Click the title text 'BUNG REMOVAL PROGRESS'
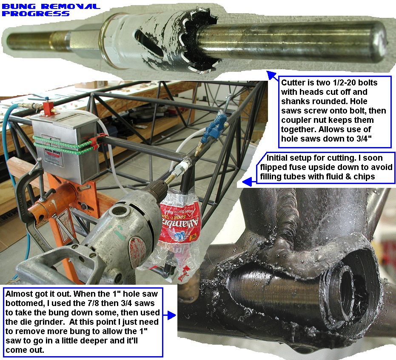point(51,10)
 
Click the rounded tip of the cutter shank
point(379,42)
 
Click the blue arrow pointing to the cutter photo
point(273,75)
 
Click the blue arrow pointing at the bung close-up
point(169,315)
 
